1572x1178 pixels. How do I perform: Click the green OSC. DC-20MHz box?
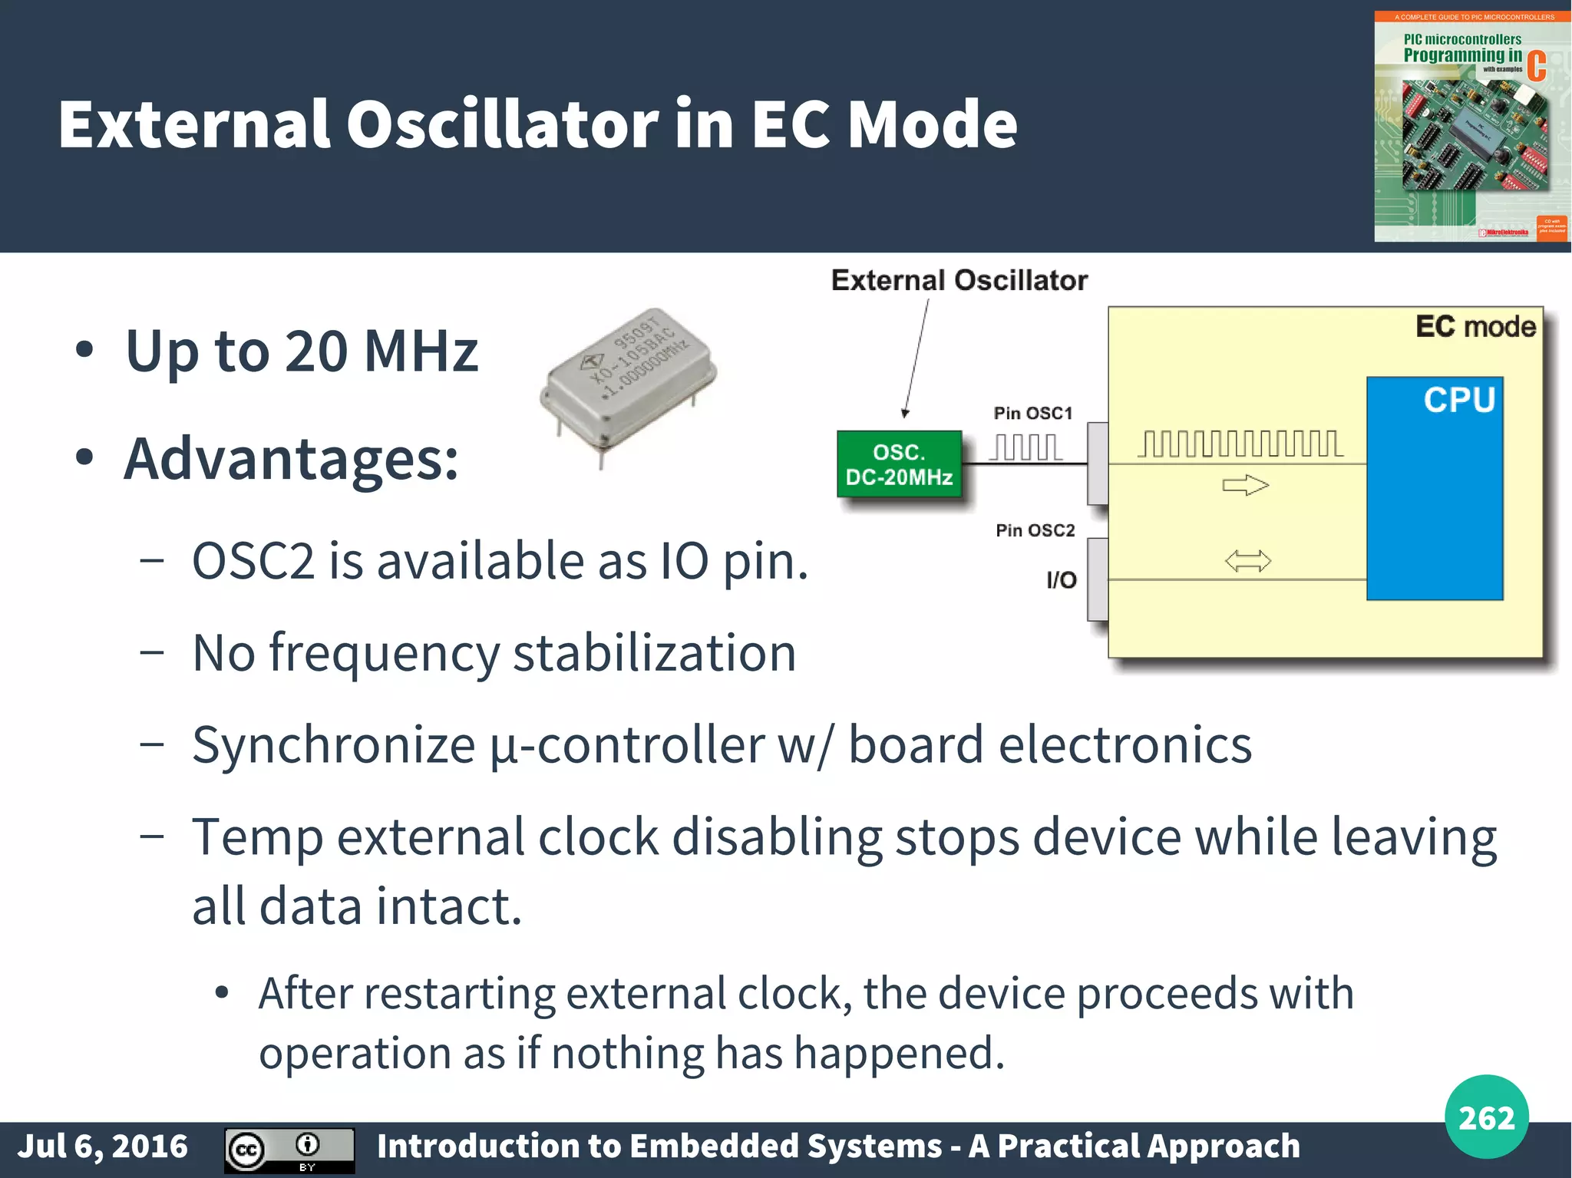pos(899,464)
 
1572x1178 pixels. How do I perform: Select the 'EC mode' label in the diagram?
pos(1475,327)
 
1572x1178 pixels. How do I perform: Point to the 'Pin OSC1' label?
pos(1032,414)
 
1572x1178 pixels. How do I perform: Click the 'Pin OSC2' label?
pos(1035,530)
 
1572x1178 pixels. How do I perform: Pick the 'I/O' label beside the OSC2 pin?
pos(1062,580)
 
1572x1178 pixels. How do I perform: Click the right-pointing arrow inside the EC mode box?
pos(1245,485)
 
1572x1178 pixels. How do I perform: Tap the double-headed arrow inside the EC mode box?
pos(1247,562)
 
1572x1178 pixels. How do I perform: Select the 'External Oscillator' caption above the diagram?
pos(959,281)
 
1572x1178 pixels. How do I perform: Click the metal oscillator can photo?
pos(628,380)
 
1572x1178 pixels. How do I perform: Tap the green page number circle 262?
pos(1486,1117)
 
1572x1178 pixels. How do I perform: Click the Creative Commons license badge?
pos(289,1150)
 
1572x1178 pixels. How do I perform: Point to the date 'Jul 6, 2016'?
pos(102,1147)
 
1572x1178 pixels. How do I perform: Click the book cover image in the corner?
pos(1471,127)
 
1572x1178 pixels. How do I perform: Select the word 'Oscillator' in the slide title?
pos(502,124)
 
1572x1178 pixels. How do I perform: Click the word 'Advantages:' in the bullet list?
pos(291,459)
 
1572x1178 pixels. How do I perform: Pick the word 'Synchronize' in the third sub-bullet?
pos(333,745)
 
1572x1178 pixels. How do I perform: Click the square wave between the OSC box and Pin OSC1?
pos(1025,447)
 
